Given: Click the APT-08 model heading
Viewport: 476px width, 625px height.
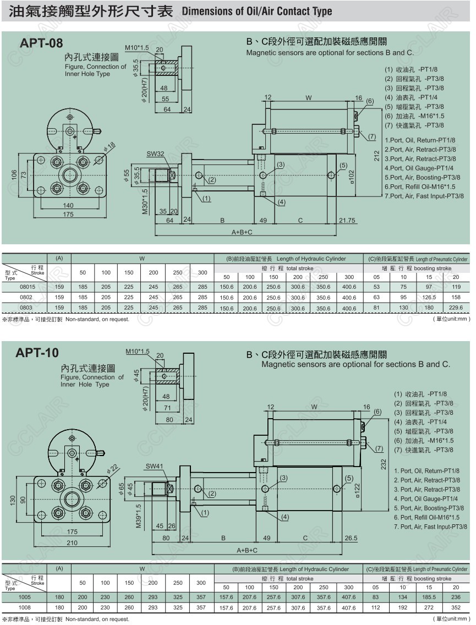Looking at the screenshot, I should pos(41,43).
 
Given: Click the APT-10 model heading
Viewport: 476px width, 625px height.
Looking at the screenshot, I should pos(37,353).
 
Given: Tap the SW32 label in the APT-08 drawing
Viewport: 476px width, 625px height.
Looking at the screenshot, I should pos(155,153).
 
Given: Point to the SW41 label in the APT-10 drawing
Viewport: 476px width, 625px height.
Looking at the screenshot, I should pos(154,466).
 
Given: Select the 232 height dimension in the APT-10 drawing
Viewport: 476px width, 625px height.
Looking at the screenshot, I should pos(383,464).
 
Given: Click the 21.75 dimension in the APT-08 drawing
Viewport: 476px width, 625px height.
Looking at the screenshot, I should pos(347,220).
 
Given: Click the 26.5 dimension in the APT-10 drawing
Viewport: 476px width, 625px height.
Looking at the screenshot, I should pos(351,538).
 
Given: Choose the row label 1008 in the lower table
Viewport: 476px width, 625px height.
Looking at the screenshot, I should pos(25,608).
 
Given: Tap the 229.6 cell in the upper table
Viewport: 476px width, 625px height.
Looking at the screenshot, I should pos(456,308).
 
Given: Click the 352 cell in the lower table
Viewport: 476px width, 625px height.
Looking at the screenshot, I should pos(456,608).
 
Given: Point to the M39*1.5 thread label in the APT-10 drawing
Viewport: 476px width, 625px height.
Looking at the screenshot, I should pos(139,517).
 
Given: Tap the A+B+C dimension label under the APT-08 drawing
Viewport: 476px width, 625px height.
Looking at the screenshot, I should pos(242,232).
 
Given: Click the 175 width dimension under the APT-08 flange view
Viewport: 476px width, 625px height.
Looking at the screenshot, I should pos(68,215).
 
